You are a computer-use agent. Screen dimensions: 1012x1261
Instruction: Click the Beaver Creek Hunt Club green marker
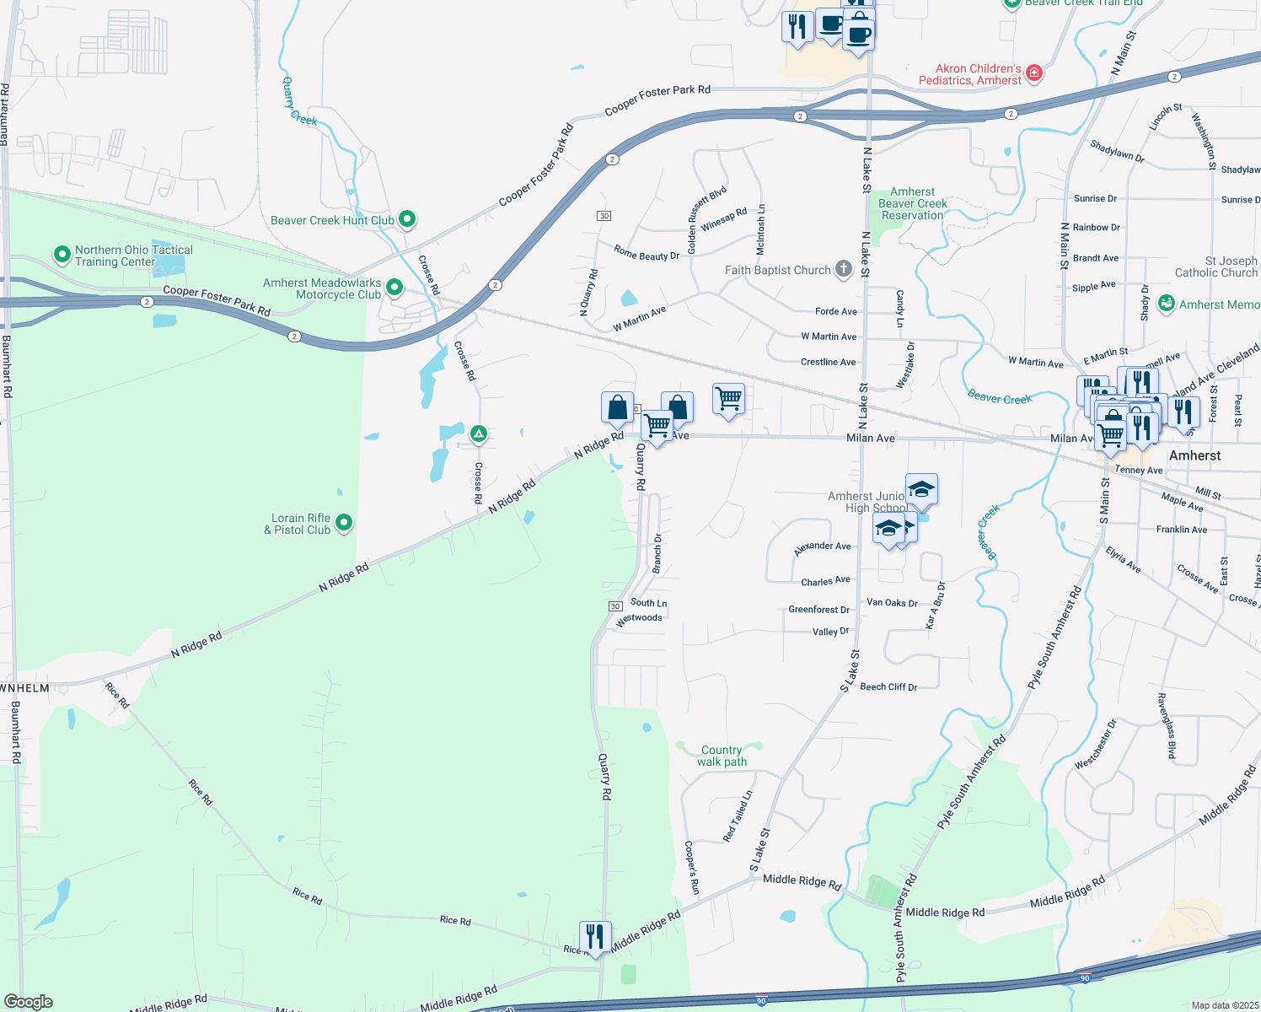[x=406, y=220]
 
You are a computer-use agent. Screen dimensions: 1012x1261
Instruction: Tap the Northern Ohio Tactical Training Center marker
[x=62, y=255]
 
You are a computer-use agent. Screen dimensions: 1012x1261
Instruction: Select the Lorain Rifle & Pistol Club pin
[x=343, y=524]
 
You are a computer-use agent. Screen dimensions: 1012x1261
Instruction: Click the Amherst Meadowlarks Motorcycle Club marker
[x=394, y=288]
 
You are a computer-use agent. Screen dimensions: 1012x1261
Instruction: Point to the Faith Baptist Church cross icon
[x=843, y=270]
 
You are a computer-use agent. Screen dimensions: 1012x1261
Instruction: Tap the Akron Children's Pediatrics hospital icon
[x=1034, y=73]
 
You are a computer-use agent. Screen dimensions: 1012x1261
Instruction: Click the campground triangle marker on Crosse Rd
[x=478, y=434]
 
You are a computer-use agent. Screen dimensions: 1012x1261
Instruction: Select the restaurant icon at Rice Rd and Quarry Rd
[x=595, y=936]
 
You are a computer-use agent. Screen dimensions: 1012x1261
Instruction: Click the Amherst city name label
[x=1194, y=455]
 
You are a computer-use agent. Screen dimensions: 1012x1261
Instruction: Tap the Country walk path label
[x=722, y=756]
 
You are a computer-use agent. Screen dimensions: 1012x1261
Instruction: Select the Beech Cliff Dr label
[x=888, y=687]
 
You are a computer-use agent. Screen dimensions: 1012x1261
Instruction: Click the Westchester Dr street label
[x=1095, y=744]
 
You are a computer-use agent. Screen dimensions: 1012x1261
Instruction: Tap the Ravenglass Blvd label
[x=1166, y=726]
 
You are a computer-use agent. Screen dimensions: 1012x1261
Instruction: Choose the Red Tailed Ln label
[x=738, y=816]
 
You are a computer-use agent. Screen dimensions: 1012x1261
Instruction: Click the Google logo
[x=29, y=1002]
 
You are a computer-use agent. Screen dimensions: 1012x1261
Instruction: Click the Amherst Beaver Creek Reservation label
[x=913, y=204]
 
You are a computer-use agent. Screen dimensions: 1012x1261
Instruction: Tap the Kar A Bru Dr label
[x=936, y=606]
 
